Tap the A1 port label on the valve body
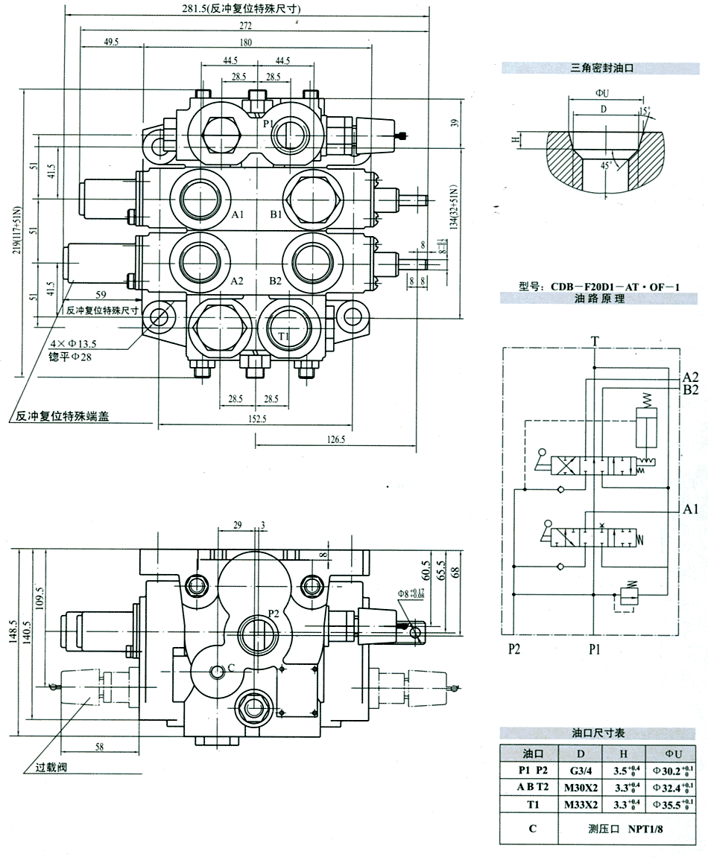click(238, 214)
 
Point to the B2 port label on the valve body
click(275, 281)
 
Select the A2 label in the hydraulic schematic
click(690, 376)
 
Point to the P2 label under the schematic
click(515, 649)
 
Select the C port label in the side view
click(232, 667)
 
